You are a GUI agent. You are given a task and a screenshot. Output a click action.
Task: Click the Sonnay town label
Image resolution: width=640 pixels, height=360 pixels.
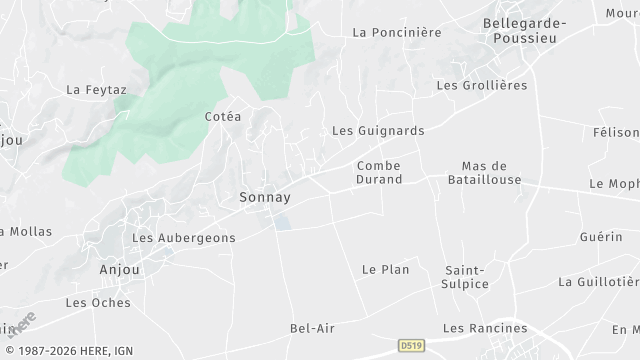click(265, 197)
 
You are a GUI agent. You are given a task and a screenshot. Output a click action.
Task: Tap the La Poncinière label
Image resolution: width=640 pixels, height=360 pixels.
click(397, 32)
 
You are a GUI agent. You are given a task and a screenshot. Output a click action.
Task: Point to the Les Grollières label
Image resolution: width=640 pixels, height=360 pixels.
click(482, 86)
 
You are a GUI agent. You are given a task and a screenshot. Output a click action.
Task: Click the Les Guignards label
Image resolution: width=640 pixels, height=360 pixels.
click(378, 131)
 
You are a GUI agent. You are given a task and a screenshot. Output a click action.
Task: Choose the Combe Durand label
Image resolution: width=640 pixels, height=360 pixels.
click(379, 172)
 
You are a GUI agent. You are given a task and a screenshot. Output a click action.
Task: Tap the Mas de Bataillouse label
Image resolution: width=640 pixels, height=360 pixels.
click(486, 172)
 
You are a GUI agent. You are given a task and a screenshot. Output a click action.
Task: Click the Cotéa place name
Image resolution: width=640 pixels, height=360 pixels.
click(223, 117)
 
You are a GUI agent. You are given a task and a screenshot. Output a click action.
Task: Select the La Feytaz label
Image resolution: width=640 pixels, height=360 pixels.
click(96, 89)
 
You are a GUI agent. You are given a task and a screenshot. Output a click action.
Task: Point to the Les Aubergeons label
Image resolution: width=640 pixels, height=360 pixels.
click(184, 238)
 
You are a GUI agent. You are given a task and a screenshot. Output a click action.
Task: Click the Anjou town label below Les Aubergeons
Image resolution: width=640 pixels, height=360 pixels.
click(120, 270)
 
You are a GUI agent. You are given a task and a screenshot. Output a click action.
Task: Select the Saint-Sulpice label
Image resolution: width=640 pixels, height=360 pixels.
click(466, 277)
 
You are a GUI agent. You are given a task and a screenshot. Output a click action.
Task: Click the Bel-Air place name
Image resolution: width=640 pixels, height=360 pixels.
click(311, 328)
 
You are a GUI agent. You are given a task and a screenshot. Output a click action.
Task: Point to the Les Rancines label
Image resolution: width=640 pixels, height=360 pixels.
click(484, 328)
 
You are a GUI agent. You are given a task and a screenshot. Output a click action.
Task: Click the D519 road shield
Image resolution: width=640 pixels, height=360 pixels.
click(409, 343)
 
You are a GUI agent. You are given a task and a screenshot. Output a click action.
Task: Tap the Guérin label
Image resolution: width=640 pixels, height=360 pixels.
click(601, 237)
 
